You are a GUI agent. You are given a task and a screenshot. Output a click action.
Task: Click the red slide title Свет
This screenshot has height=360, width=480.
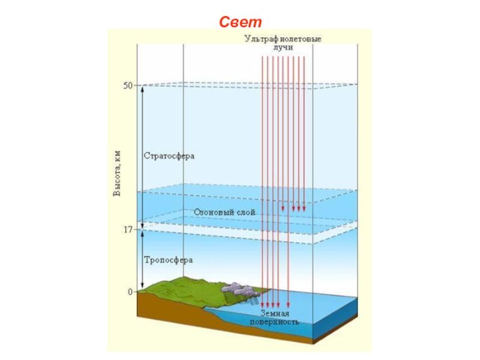point(240,22)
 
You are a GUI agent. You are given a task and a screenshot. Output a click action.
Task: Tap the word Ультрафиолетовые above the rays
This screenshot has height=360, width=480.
point(283,39)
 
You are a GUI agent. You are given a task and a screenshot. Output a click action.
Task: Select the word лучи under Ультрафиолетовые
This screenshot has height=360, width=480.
point(283,47)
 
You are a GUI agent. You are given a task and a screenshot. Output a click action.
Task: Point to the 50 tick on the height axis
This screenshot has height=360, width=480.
point(128,86)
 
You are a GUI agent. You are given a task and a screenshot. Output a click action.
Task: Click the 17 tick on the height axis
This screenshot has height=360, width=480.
point(128,229)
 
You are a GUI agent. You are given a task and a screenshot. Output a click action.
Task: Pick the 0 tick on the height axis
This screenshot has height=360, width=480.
point(130,292)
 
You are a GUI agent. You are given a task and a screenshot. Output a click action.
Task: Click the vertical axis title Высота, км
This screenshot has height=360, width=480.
point(118,173)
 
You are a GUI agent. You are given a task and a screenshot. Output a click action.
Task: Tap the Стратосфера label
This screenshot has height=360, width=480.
point(170,155)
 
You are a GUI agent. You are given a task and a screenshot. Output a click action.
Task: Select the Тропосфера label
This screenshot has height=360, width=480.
point(168,260)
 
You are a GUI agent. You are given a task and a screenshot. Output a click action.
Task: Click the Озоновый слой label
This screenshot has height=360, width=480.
point(224,212)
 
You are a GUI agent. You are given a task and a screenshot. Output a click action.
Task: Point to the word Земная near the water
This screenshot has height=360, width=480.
point(275,314)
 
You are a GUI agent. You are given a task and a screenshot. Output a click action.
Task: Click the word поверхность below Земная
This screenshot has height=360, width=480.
point(279,322)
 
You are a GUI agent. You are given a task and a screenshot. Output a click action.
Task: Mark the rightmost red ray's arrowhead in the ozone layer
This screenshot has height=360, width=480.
point(304,209)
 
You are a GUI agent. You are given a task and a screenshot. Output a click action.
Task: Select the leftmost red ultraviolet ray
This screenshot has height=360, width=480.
point(262,180)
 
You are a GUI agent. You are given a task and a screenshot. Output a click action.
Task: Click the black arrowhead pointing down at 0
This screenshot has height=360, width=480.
point(142,289)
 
